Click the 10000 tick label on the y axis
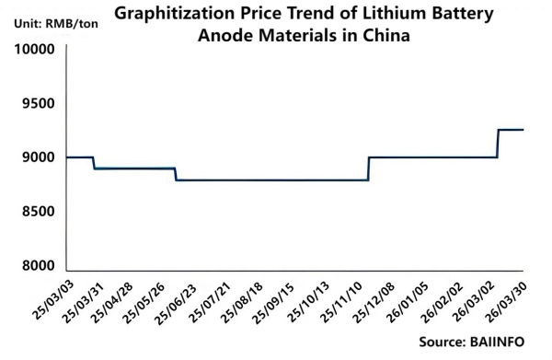pos(30,49)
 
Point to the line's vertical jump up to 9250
pos(498,144)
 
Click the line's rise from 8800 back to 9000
pos(368,168)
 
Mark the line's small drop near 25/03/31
pos(94,163)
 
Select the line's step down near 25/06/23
pos(176,174)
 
